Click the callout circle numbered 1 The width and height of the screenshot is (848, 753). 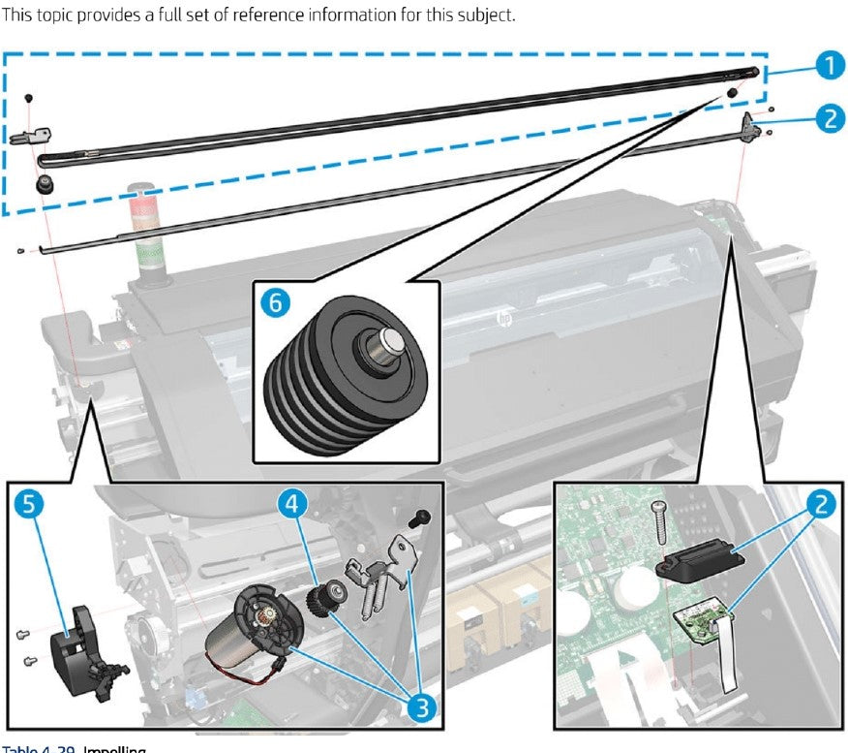825,66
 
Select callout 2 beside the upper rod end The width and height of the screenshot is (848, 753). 826,118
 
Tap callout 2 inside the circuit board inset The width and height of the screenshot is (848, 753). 818,504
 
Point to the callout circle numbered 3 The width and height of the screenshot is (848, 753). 419,706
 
